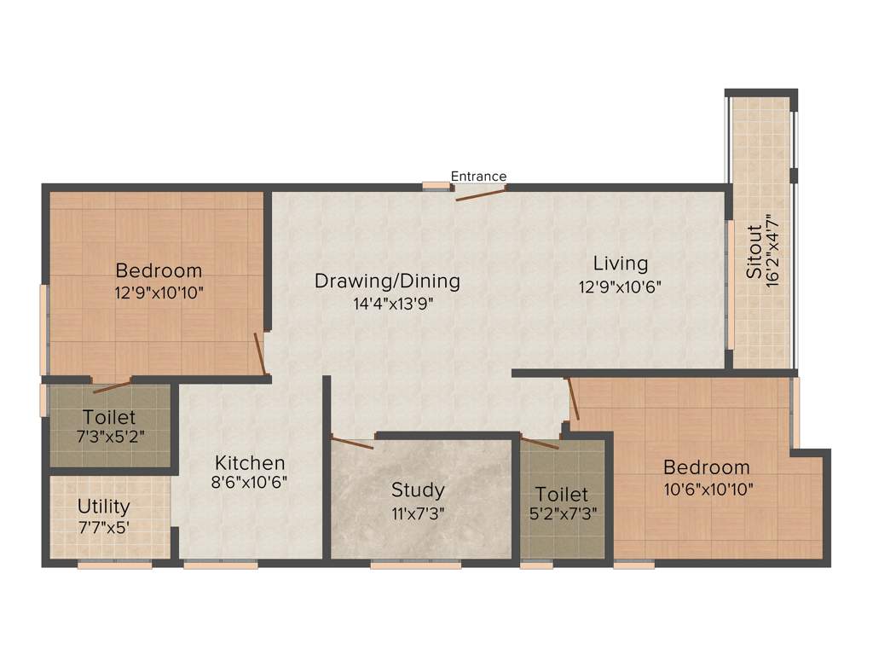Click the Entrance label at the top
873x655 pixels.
[x=478, y=177]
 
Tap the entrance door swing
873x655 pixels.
[x=481, y=194]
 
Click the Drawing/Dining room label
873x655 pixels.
[x=387, y=281]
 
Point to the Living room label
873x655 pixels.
[x=621, y=264]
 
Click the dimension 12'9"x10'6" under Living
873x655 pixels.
[x=620, y=287]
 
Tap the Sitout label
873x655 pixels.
[x=754, y=252]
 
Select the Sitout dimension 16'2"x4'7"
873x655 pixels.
[x=774, y=252]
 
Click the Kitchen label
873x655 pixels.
[x=250, y=463]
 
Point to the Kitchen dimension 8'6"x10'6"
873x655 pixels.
[x=250, y=482]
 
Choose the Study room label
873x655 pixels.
[x=418, y=490]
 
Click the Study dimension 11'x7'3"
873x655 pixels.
[x=418, y=513]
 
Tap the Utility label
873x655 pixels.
[x=104, y=507]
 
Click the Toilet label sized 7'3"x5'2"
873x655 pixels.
[x=109, y=418]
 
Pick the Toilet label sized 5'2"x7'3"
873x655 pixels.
[x=562, y=495]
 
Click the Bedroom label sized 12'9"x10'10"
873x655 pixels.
[x=159, y=271]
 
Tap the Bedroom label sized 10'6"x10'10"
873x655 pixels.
[x=707, y=467]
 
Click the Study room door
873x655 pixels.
[x=352, y=442]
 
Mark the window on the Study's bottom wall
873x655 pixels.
[x=416, y=564]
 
